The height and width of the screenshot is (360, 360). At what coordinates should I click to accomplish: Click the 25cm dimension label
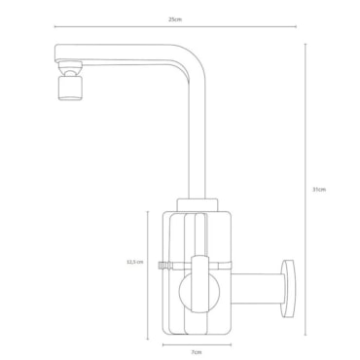(175, 19)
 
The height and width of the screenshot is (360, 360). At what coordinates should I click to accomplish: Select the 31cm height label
(319, 190)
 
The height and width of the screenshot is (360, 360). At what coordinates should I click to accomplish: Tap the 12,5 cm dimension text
(134, 262)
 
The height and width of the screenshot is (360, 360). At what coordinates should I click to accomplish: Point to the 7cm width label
(197, 352)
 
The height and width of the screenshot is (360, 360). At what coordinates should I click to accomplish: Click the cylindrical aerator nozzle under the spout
(70, 89)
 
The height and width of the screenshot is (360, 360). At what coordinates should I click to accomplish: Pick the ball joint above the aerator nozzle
(70, 69)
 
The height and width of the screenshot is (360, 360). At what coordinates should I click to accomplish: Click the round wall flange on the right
(289, 288)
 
